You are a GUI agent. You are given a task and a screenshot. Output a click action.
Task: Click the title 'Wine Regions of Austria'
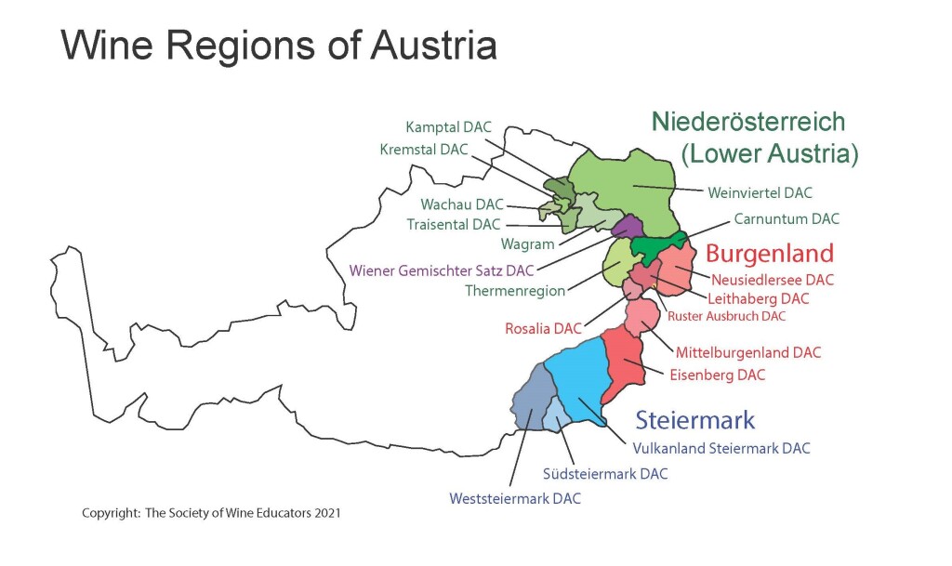point(279,45)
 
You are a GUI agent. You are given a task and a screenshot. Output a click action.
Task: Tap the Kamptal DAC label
point(449,127)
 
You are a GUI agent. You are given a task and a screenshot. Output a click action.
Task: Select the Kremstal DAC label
point(423,150)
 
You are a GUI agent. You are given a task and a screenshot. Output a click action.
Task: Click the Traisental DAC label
point(454,225)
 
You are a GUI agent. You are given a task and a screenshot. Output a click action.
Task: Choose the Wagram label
point(528,244)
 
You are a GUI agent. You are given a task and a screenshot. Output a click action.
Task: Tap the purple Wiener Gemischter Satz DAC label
point(442,271)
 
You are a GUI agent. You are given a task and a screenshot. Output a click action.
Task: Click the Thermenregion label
point(515,291)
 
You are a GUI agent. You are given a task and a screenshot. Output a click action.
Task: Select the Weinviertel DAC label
point(760,193)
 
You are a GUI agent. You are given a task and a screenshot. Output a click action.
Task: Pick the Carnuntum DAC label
point(787,219)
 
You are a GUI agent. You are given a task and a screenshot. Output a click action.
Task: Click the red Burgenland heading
point(769,253)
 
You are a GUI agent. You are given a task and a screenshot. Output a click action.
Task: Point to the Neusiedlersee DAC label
point(773,279)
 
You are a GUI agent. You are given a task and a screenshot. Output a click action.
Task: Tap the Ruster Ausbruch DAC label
point(727,316)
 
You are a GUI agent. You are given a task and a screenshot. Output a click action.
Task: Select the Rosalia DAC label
point(543,329)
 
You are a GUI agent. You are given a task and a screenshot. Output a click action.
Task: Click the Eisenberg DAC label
point(718,375)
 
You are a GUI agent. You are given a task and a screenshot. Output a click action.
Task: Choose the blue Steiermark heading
point(695,419)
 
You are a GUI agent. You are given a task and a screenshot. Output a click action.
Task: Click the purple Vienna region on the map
point(627,226)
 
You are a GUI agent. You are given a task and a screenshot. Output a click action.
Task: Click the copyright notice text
point(210,513)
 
